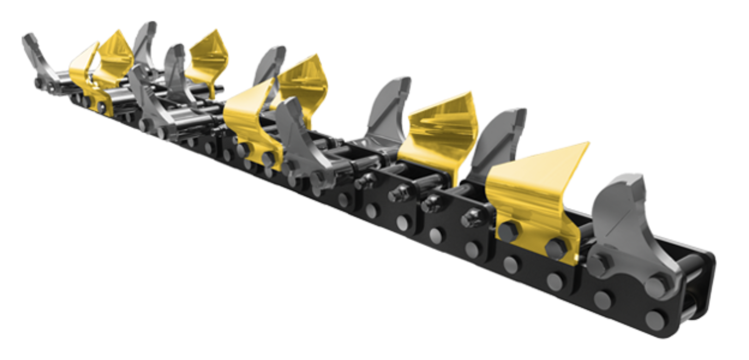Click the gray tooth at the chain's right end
pyautogui.click(x=629, y=226)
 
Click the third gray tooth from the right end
pyautogui.click(x=387, y=110)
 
